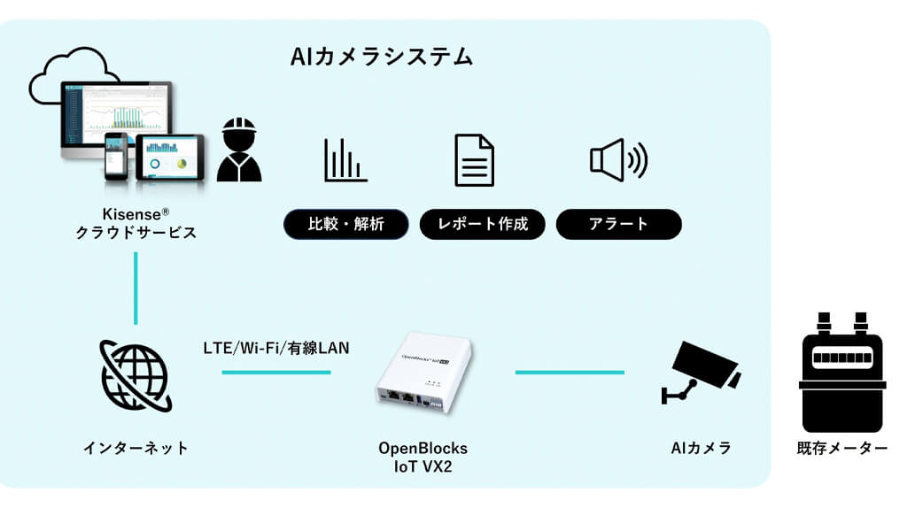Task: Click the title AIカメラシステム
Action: point(382,58)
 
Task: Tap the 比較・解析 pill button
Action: point(346,224)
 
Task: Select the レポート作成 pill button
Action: point(483,224)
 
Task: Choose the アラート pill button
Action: point(618,224)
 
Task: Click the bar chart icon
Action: point(345,160)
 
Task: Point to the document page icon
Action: point(474,160)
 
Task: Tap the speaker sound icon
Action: point(617,160)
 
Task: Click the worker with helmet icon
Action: point(239,151)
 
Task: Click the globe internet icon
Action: point(136,375)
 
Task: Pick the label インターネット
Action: point(136,448)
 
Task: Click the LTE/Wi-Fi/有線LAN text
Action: point(275,348)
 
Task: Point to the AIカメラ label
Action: point(701,448)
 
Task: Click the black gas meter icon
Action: point(841,372)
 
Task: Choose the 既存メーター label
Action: point(841,448)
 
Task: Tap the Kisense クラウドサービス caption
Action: point(136,223)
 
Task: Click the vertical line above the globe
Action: point(136,288)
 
